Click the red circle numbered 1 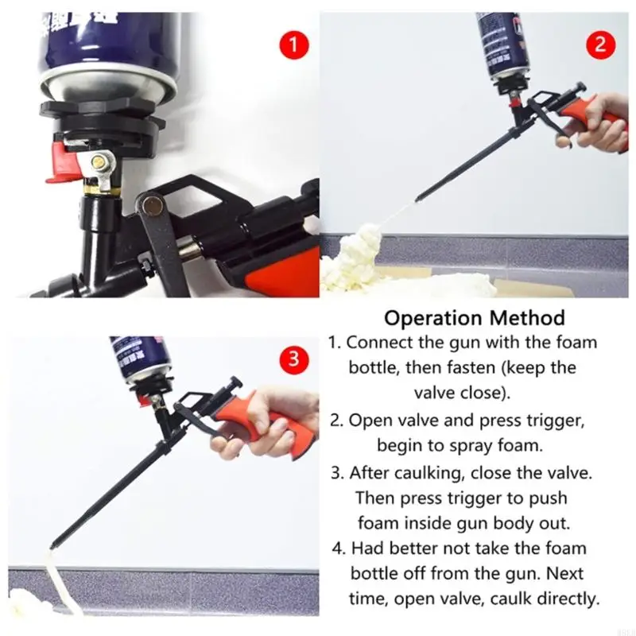click(x=293, y=44)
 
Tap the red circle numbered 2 click(x=601, y=44)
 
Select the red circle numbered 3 click(x=293, y=359)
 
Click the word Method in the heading click(x=527, y=317)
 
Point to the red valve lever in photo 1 click(x=61, y=162)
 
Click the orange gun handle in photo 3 click(x=264, y=422)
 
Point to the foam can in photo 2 click(x=503, y=45)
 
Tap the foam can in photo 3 click(x=140, y=359)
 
